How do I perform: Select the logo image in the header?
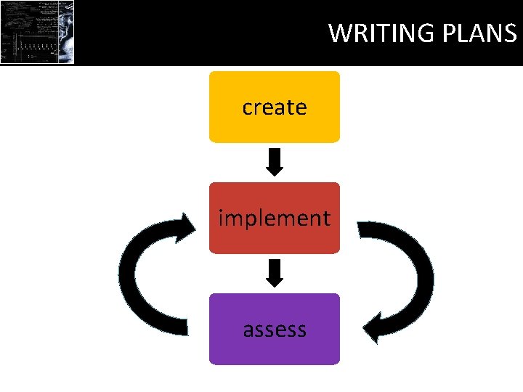tap(37, 32)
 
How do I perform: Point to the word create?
tap(274, 107)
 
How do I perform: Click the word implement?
tap(274, 219)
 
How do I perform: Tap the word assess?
tap(274, 330)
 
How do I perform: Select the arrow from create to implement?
tap(274, 161)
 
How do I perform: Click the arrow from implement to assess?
tap(274, 272)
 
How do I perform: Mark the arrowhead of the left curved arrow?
tap(185, 225)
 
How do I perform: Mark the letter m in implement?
tap(235, 219)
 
